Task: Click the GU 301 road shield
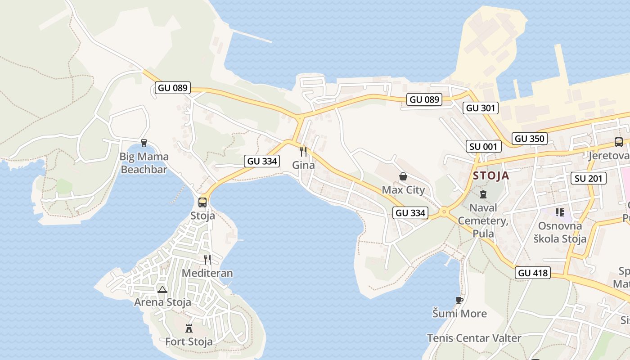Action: click(481, 108)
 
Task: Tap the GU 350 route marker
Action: click(530, 139)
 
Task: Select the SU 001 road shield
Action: click(484, 146)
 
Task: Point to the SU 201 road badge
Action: click(589, 178)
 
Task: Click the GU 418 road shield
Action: click(533, 273)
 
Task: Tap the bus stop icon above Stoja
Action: click(202, 202)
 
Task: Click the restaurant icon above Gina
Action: click(303, 151)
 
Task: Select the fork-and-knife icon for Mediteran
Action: click(207, 259)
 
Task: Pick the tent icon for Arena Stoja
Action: click(162, 289)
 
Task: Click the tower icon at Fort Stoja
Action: click(189, 328)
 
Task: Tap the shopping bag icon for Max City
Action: click(403, 176)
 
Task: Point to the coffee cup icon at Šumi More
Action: click(459, 300)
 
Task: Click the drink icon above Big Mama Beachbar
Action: click(144, 143)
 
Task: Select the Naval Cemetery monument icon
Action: click(483, 194)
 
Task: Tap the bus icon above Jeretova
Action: click(619, 142)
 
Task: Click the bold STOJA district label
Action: click(491, 175)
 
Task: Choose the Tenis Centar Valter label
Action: click(474, 338)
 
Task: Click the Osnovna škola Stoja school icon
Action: click(559, 212)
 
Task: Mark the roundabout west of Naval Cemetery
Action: click(444, 211)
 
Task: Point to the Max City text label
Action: click(403, 190)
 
